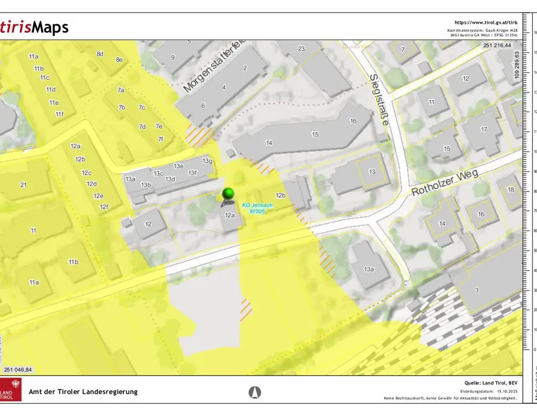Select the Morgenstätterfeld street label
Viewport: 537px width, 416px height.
coord(214,68)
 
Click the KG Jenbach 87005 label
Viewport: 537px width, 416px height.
coord(257,208)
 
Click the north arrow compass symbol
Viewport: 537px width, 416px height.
coord(255,392)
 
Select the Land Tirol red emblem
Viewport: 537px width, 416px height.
coord(11,390)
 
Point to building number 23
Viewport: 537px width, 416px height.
coord(301,49)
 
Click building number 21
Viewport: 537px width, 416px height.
coord(23,185)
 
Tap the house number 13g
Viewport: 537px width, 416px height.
coord(207,161)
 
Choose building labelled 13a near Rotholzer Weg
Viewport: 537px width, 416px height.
coord(369,269)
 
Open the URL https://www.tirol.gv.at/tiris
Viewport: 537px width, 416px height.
coord(486,23)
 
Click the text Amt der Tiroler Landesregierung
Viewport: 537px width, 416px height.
coord(83,392)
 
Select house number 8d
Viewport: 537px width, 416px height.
coord(100,54)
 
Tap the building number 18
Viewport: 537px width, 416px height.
coord(511,190)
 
